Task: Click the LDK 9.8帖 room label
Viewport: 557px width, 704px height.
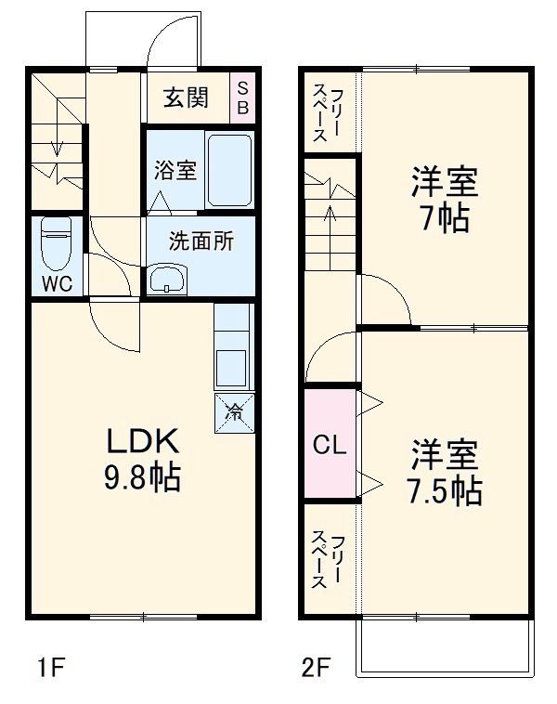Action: point(141,460)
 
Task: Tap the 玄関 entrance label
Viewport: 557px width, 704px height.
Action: point(186,98)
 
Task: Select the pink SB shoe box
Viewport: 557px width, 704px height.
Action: point(242,98)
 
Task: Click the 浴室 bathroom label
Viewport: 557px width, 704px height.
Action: point(174,171)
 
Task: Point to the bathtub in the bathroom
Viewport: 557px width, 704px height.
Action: point(228,170)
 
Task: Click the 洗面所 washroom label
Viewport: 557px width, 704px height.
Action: point(200,241)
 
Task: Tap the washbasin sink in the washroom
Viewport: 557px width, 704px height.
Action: point(167,278)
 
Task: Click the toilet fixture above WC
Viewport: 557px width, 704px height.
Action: point(57,243)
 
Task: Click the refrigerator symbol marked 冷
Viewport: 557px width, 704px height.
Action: point(236,410)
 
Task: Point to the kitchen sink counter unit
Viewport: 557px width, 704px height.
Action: point(232,358)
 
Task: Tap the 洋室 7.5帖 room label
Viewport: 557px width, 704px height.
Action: point(447,473)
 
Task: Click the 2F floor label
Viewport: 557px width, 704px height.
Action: point(316,666)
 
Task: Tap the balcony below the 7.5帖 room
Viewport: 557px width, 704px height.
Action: point(447,645)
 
